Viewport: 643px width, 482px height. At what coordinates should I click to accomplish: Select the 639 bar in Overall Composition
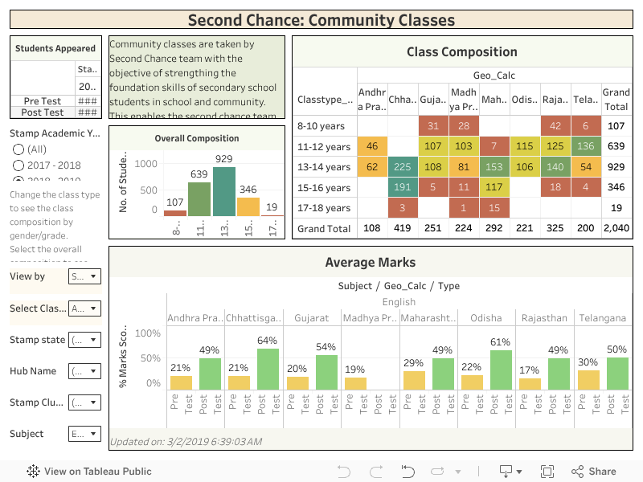tap(199, 199)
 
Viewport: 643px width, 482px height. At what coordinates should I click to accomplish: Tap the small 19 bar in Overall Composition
tap(272, 214)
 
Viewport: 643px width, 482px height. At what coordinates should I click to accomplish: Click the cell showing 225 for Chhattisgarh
tap(403, 167)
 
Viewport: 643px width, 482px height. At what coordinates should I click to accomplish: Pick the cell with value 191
tap(403, 188)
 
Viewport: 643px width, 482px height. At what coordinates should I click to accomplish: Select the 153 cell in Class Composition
tap(494, 167)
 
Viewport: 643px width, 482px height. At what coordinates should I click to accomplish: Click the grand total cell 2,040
tap(616, 229)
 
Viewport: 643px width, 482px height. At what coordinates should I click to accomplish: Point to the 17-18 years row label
tap(321, 208)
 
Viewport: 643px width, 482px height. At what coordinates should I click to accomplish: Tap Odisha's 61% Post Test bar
tap(501, 370)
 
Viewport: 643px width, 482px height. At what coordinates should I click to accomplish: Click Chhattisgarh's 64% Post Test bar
tap(268, 370)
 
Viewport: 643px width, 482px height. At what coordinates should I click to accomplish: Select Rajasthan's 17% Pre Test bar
tap(530, 384)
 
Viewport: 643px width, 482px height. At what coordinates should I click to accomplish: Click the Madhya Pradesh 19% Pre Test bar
tap(354, 384)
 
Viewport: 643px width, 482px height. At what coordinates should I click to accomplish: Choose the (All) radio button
tap(18, 149)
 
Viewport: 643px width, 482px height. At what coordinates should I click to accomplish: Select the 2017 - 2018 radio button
tap(18, 165)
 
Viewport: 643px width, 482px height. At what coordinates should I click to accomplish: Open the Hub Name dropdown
tap(84, 371)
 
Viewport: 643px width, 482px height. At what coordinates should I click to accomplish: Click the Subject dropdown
tap(84, 435)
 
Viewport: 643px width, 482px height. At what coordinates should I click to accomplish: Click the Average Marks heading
tap(371, 262)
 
